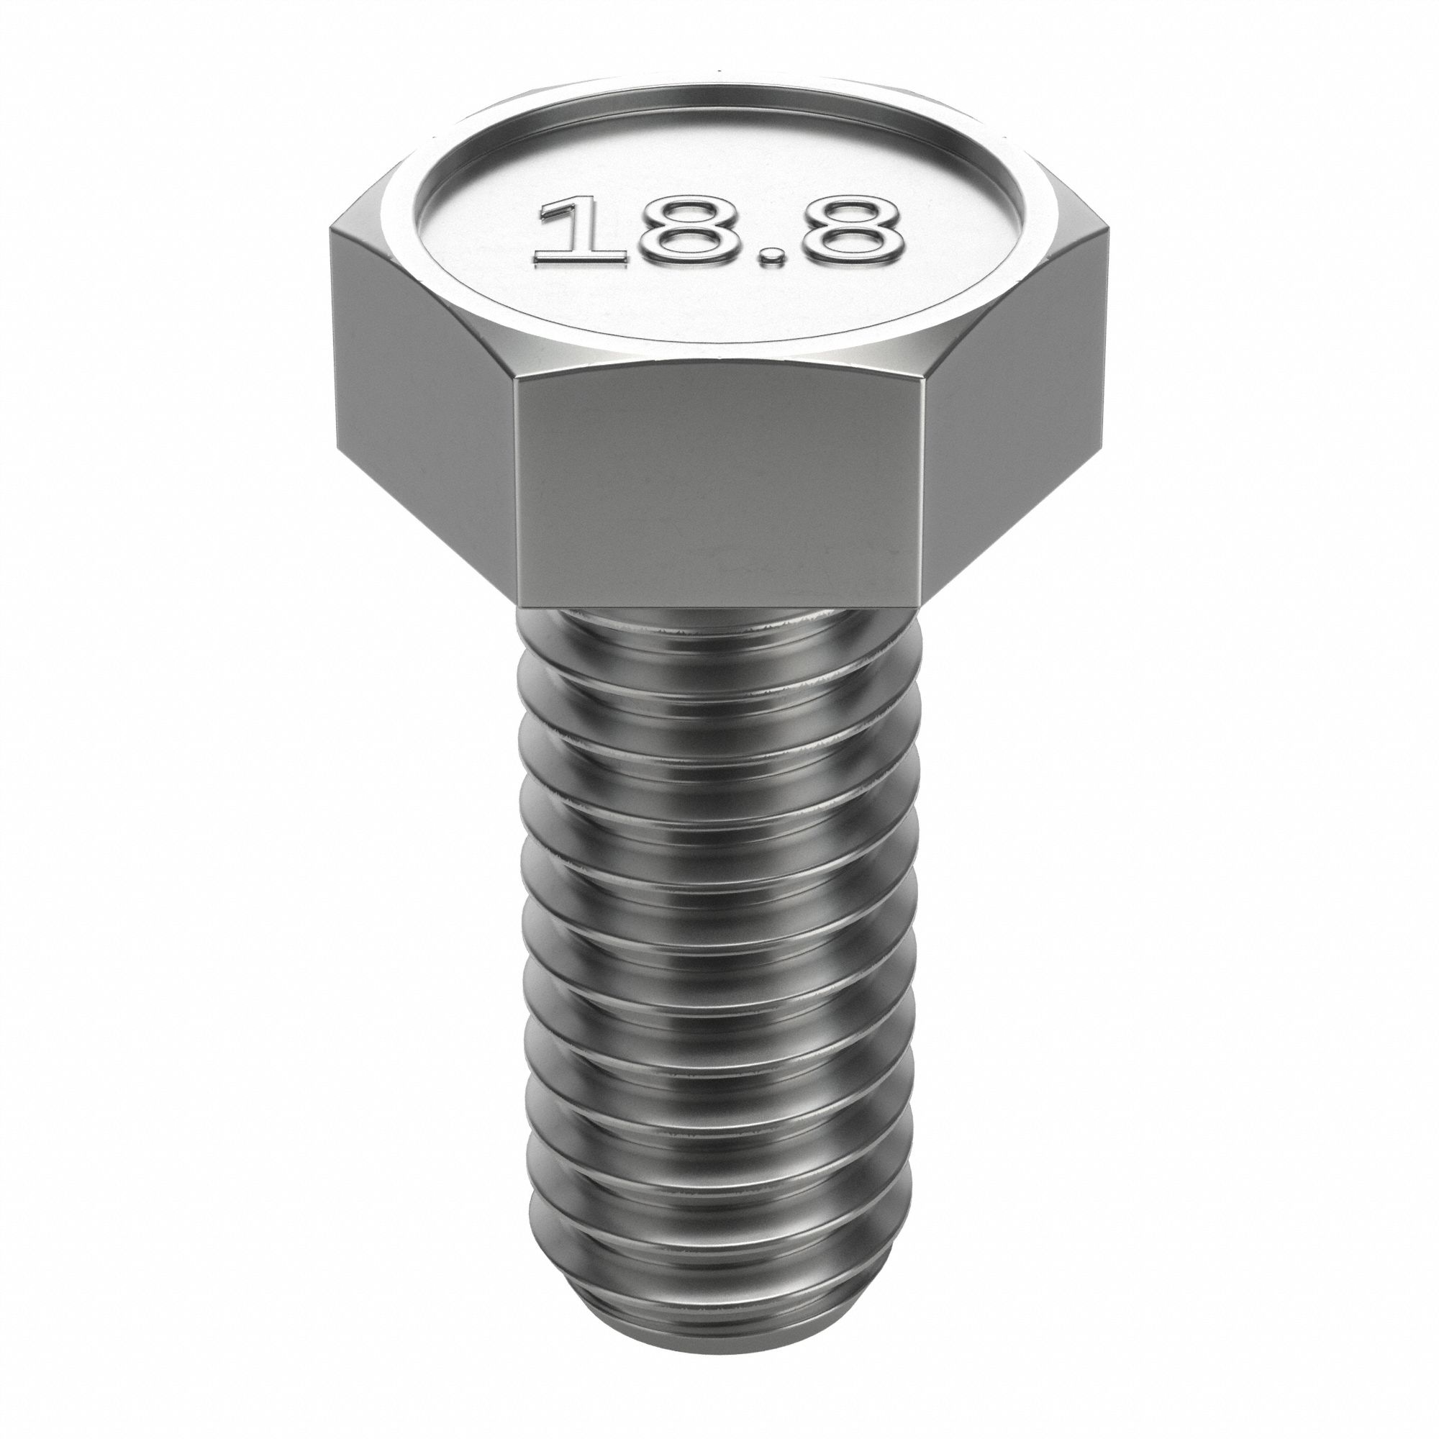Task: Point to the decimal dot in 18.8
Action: [x=776, y=258]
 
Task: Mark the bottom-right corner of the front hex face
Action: [x=923, y=608]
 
